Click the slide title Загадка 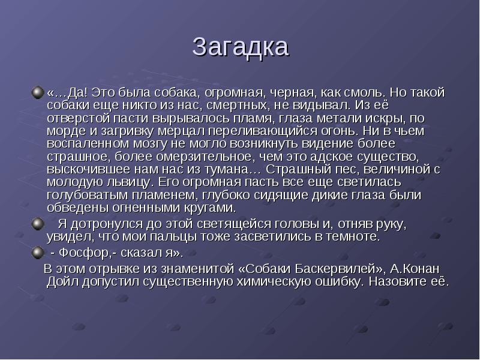point(241,47)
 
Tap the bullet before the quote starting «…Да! point(38,92)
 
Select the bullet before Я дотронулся point(38,224)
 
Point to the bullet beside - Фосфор point(38,253)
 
